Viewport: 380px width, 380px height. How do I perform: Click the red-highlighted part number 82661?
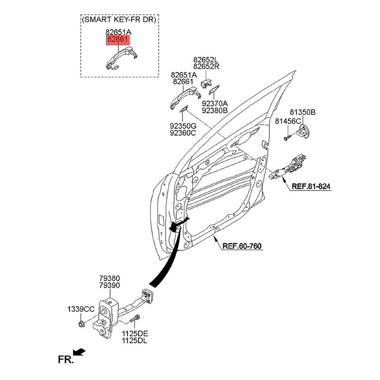tap(118, 40)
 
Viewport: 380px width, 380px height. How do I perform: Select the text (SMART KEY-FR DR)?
tap(119, 20)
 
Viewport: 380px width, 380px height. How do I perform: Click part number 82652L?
tap(206, 60)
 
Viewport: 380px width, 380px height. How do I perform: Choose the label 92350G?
tap(183, 126)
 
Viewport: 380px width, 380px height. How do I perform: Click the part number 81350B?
tap(303, 113)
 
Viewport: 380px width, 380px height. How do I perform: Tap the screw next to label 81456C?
tap(287, 137)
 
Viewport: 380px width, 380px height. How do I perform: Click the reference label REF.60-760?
tap(242, 246)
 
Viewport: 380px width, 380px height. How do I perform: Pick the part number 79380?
tap(109, 278)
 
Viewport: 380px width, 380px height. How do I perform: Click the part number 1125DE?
tap(134, 334)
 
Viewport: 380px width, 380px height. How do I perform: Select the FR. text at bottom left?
tap(66, 360)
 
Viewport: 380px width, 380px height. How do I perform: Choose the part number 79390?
tap(109, 285)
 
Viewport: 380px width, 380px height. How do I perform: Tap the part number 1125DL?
tap(134, 341)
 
